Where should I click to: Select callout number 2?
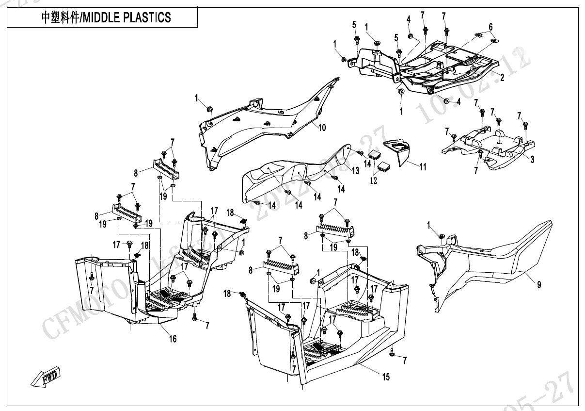[x=502, y=78]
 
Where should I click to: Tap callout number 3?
[x=532, y=160]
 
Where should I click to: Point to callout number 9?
[x=539, y=285]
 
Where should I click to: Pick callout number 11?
[x=423, y=167]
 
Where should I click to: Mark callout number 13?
[x=356, y=170]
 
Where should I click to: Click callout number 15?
[x=386, y=377]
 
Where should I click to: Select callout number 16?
[x=173, y=339]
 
